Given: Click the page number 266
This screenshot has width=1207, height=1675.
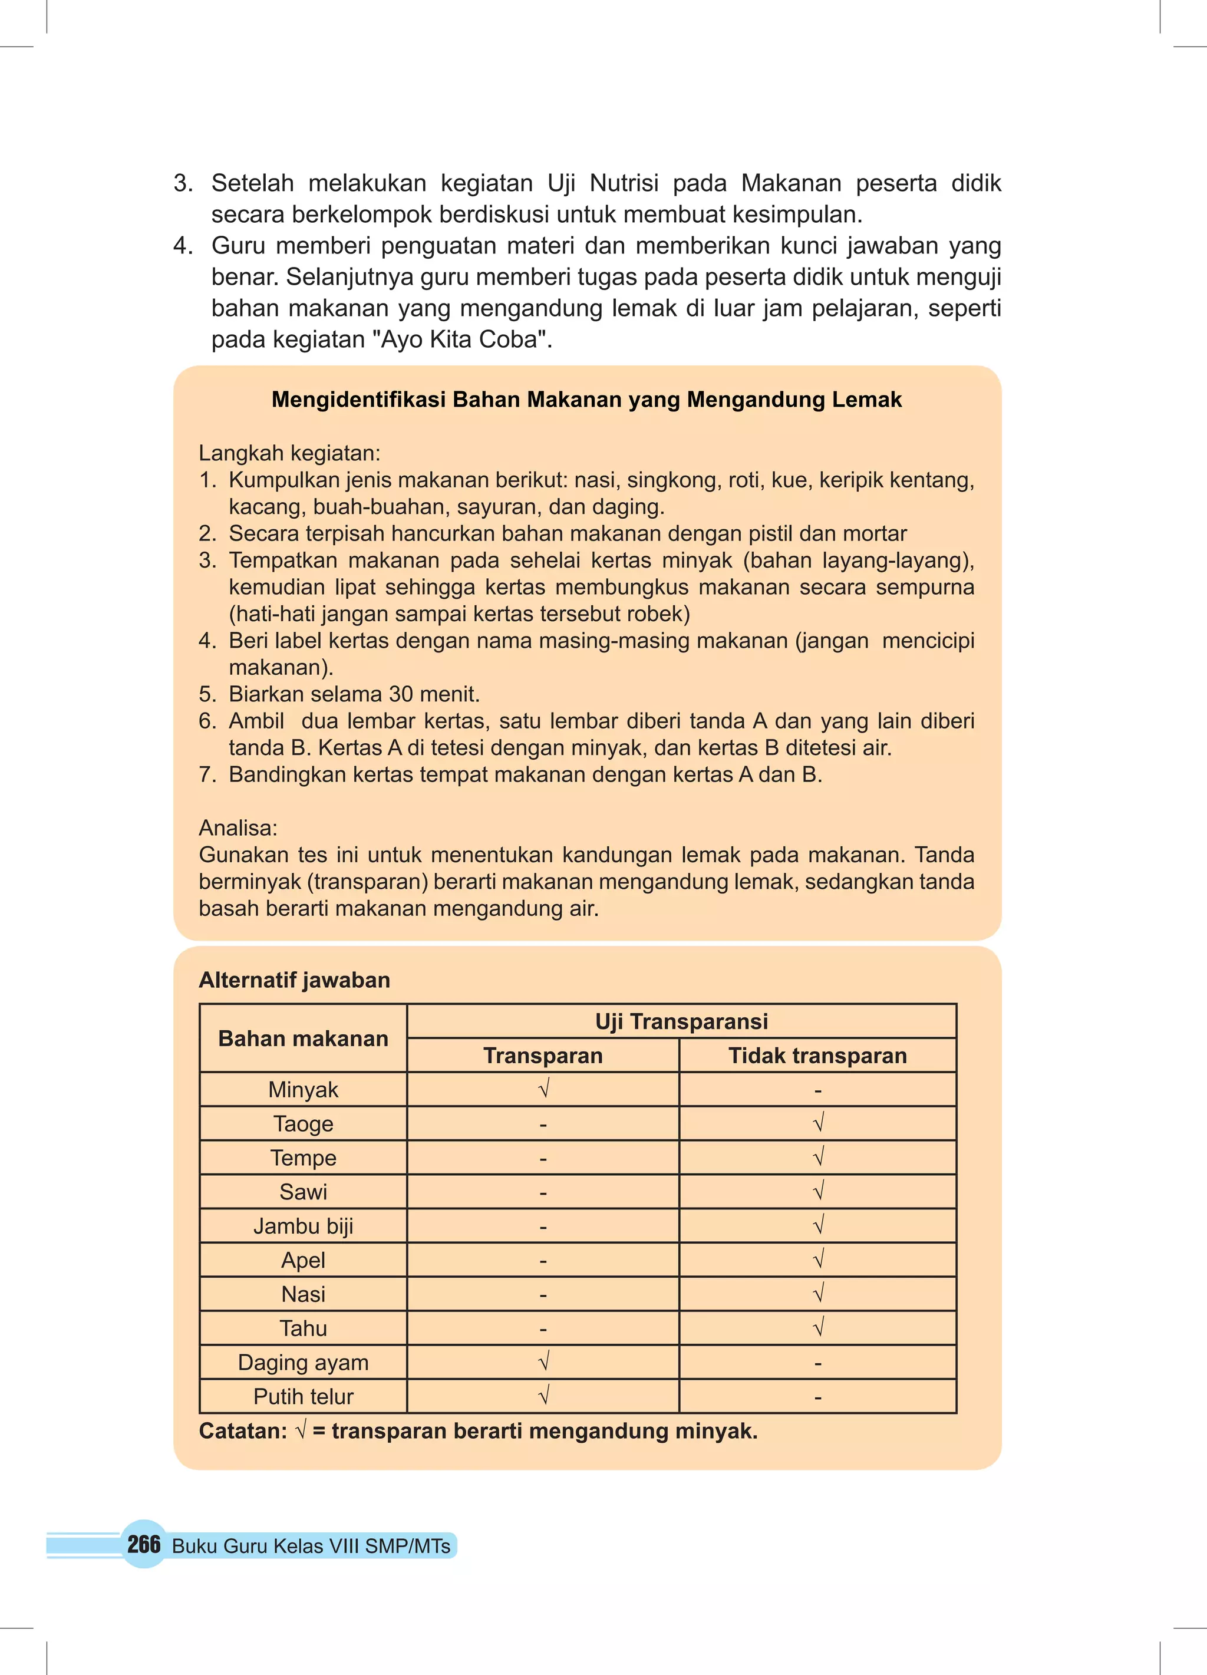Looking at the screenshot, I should pos(143,1544).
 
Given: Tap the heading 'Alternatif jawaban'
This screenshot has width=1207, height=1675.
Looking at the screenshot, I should pos(294,980).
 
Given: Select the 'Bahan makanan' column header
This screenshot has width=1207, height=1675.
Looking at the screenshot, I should pos(303,1038).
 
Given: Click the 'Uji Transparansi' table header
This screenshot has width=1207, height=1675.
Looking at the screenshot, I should pos(681,1021).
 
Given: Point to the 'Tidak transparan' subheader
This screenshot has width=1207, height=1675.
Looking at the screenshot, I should pos(817,1056).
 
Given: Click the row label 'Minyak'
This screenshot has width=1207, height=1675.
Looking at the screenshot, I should pos(303,1089).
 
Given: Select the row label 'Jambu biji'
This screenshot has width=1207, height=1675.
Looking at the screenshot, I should pos(303,1226).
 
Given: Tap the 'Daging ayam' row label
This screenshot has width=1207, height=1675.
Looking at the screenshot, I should pos(303,1362).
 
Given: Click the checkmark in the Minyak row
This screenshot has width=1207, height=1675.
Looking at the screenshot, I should pos(543,1089).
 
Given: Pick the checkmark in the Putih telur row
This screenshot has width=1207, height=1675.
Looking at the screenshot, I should pos(543,1395).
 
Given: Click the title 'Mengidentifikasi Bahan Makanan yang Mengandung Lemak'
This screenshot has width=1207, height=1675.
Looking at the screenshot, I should pos(586,400).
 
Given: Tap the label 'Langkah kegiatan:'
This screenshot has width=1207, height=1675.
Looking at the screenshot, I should pos(289,453).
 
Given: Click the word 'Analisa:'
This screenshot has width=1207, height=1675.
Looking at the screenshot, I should pos(238,828).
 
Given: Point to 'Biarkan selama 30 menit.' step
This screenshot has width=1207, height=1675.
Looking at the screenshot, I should pos(354,694).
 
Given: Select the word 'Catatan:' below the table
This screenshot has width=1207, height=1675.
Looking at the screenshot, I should pos(243,1430).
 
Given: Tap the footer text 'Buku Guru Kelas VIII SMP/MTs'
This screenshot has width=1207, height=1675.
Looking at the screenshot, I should pos(311,1546).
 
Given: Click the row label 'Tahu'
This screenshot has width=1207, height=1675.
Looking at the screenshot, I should pos(303,1328).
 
